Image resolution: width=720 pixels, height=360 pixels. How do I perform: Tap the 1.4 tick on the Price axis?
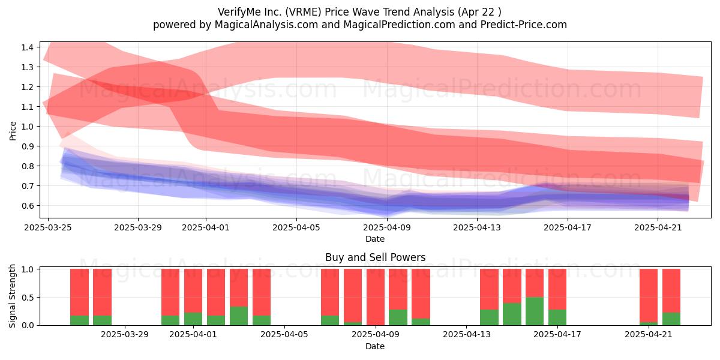28,47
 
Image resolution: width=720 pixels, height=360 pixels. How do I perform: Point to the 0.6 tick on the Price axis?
28,206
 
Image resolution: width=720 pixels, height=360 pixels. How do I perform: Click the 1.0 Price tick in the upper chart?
28,127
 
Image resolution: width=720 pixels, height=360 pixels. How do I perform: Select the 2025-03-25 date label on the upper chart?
48,227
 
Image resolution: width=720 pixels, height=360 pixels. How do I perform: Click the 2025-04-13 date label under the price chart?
477,227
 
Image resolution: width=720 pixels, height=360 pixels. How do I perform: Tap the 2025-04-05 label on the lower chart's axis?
284,334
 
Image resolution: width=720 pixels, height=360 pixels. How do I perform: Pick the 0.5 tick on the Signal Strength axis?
28,298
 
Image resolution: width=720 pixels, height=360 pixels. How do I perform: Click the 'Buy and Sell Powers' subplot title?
375,257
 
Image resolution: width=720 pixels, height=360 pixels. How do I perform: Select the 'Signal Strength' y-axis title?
12,296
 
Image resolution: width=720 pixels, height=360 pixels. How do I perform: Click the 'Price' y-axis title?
13,131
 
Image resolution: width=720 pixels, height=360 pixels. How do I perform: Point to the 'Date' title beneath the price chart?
375,239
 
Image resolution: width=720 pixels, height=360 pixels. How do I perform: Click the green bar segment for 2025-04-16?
535,311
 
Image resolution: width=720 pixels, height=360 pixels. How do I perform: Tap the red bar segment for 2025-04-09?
375,297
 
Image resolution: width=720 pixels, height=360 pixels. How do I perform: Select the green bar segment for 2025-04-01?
193,319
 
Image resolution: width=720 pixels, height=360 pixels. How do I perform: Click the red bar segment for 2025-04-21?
649,295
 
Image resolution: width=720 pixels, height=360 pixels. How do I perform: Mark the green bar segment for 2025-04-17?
557,317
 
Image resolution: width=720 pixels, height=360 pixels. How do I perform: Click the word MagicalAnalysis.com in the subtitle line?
266,25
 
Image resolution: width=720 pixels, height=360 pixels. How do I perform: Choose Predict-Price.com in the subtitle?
524,25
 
